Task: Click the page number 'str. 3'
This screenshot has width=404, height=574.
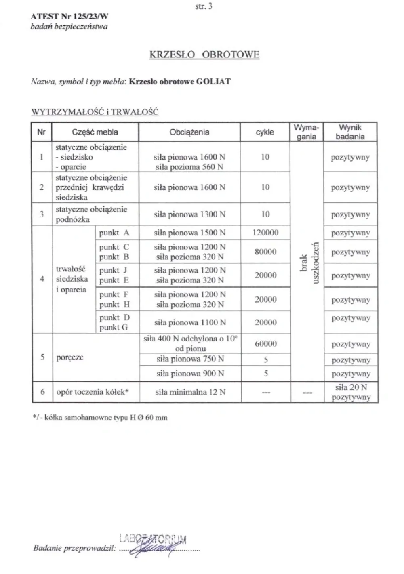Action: click(204, 6)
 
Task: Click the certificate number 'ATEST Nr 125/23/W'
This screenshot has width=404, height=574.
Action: click(69, 17)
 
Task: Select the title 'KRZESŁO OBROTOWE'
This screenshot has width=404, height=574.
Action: click(204, 55)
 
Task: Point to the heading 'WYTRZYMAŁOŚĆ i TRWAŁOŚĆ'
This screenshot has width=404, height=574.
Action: click(95, 112)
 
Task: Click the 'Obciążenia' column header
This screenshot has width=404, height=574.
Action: click(189, 132)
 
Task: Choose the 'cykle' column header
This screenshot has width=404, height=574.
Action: click(265, 132)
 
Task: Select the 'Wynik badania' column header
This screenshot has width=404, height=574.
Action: click(350, 132)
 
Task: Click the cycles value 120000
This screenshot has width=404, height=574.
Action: click(265, 233)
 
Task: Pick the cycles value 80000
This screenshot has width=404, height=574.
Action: click(265, 252)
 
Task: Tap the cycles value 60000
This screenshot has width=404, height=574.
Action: click(265, 344)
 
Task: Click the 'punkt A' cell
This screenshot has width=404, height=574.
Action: click(114, 233)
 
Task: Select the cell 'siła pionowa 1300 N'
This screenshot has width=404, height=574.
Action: click(189, 214)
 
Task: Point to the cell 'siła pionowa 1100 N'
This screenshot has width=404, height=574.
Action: click(190, 322)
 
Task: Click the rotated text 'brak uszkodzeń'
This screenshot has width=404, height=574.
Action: click(309, 263)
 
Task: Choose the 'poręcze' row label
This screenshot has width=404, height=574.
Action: click(70, 357)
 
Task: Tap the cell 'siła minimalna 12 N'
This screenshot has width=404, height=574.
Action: click(190, 392)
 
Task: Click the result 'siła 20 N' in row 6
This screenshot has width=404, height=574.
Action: click(351, 387)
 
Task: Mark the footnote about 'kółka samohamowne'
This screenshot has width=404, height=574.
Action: click(100, 418)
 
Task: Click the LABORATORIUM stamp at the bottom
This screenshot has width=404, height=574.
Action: click(153, 538)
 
